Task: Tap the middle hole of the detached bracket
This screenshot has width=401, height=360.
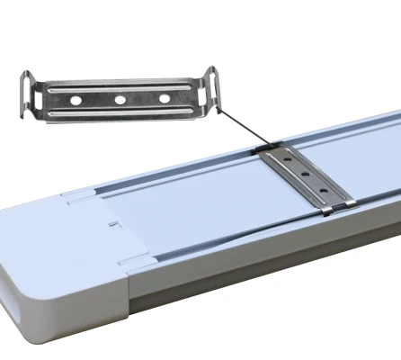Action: (x=120, y=99)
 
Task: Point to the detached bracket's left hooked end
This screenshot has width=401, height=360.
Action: (x=29, y=94)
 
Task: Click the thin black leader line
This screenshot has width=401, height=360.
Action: (x=238, y=127)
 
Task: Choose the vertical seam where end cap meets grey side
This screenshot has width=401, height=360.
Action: (x=136, y=310)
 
